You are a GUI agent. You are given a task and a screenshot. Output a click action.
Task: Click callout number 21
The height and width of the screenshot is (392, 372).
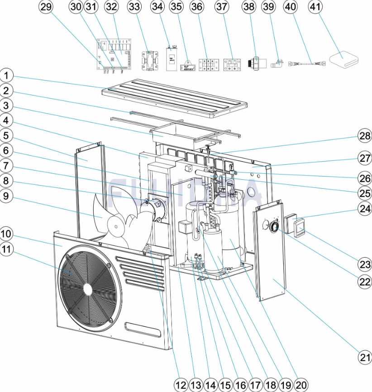(365, 357)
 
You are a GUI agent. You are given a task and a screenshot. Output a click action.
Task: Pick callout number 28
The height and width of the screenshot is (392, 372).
(365, 136)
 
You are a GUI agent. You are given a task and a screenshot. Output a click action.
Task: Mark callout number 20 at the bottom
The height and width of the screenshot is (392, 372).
(300, 385)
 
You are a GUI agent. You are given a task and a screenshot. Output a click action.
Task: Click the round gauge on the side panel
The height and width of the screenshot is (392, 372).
(274, 227)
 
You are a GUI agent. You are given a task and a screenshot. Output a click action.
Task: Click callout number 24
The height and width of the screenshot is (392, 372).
(365, 209)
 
